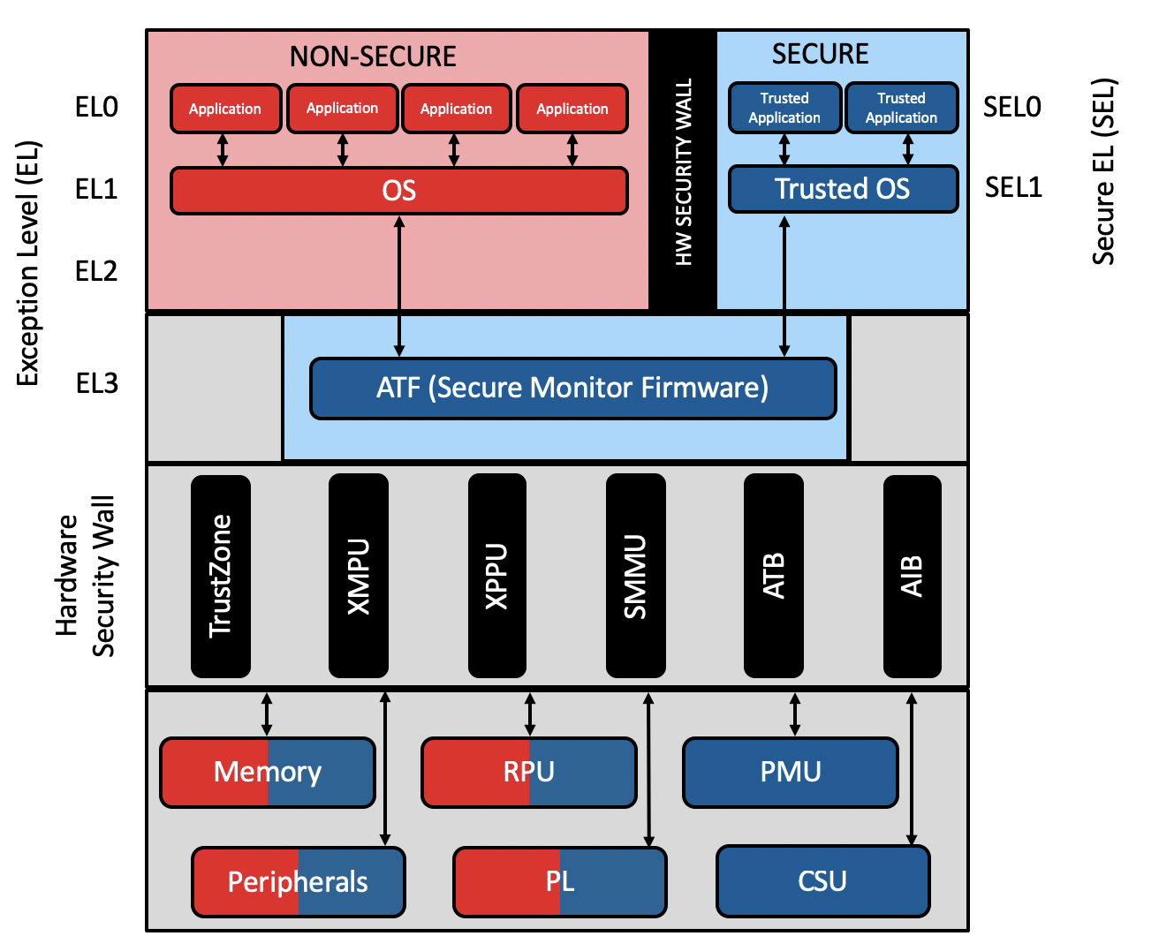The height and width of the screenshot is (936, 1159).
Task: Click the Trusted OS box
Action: (x=843, y=189)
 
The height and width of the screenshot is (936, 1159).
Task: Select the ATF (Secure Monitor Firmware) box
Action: (x=572, y=388)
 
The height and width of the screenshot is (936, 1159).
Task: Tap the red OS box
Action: (x=398, y=191)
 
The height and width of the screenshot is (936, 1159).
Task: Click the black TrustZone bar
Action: (x=221, y=576)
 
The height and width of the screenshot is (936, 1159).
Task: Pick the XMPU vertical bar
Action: (x=359, y=576)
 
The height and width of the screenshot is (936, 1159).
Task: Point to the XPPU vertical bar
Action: (x=497, y=576)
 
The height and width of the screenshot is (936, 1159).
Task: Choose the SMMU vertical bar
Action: (x=636, y=576)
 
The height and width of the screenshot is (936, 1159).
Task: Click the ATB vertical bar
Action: (x=774, y=576)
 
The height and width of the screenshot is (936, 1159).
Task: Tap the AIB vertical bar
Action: (x=912, y=576)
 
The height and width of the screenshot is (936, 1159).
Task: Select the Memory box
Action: (x=268, y=773)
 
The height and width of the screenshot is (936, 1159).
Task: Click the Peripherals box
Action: (x=299, y=882)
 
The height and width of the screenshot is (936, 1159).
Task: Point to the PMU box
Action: (x=791, y=773)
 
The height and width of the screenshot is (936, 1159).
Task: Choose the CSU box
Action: (x=822, y=881)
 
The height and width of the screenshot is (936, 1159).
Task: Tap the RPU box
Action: (x=529, y=773)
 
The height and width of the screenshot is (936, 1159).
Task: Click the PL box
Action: (x=560, y=882)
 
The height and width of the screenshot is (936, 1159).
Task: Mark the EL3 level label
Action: (x=97, y=383)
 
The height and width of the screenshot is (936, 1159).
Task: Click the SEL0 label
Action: (x=1012, y=107)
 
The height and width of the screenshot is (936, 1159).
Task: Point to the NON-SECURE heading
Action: (x=373, y=57)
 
